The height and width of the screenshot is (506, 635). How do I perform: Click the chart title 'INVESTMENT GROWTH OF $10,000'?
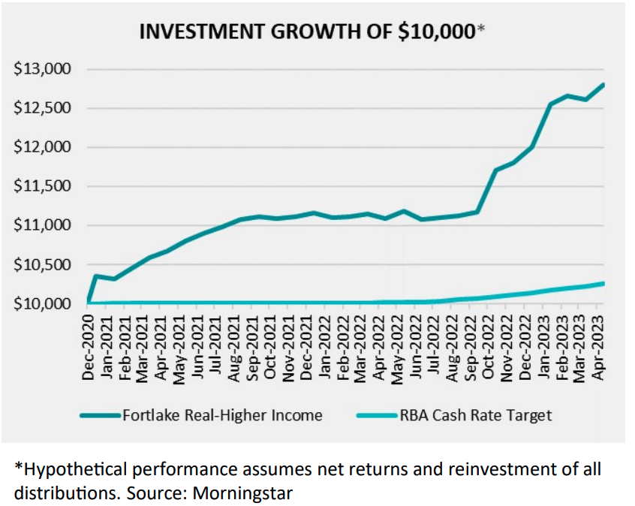click(308, 32)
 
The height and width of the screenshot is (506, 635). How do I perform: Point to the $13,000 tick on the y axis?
click(43, 69)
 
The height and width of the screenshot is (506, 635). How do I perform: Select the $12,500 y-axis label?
click(43, 108)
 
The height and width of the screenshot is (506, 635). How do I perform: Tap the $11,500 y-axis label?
click(43, 186)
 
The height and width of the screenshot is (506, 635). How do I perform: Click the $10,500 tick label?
click(43, 264)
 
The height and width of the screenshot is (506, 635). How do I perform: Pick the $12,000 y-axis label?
click(43, 147)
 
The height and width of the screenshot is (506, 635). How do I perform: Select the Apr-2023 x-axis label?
click(599, 349)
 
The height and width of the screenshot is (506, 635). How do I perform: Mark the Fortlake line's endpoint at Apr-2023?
click(604, 84)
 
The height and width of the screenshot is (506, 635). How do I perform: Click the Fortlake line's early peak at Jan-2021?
click(96, 276)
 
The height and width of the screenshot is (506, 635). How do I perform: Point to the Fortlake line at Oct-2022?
click(495, 170)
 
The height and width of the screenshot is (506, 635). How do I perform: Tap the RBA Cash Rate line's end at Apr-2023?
click(604, 283)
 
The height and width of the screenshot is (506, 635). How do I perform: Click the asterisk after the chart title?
click(481, 29)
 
